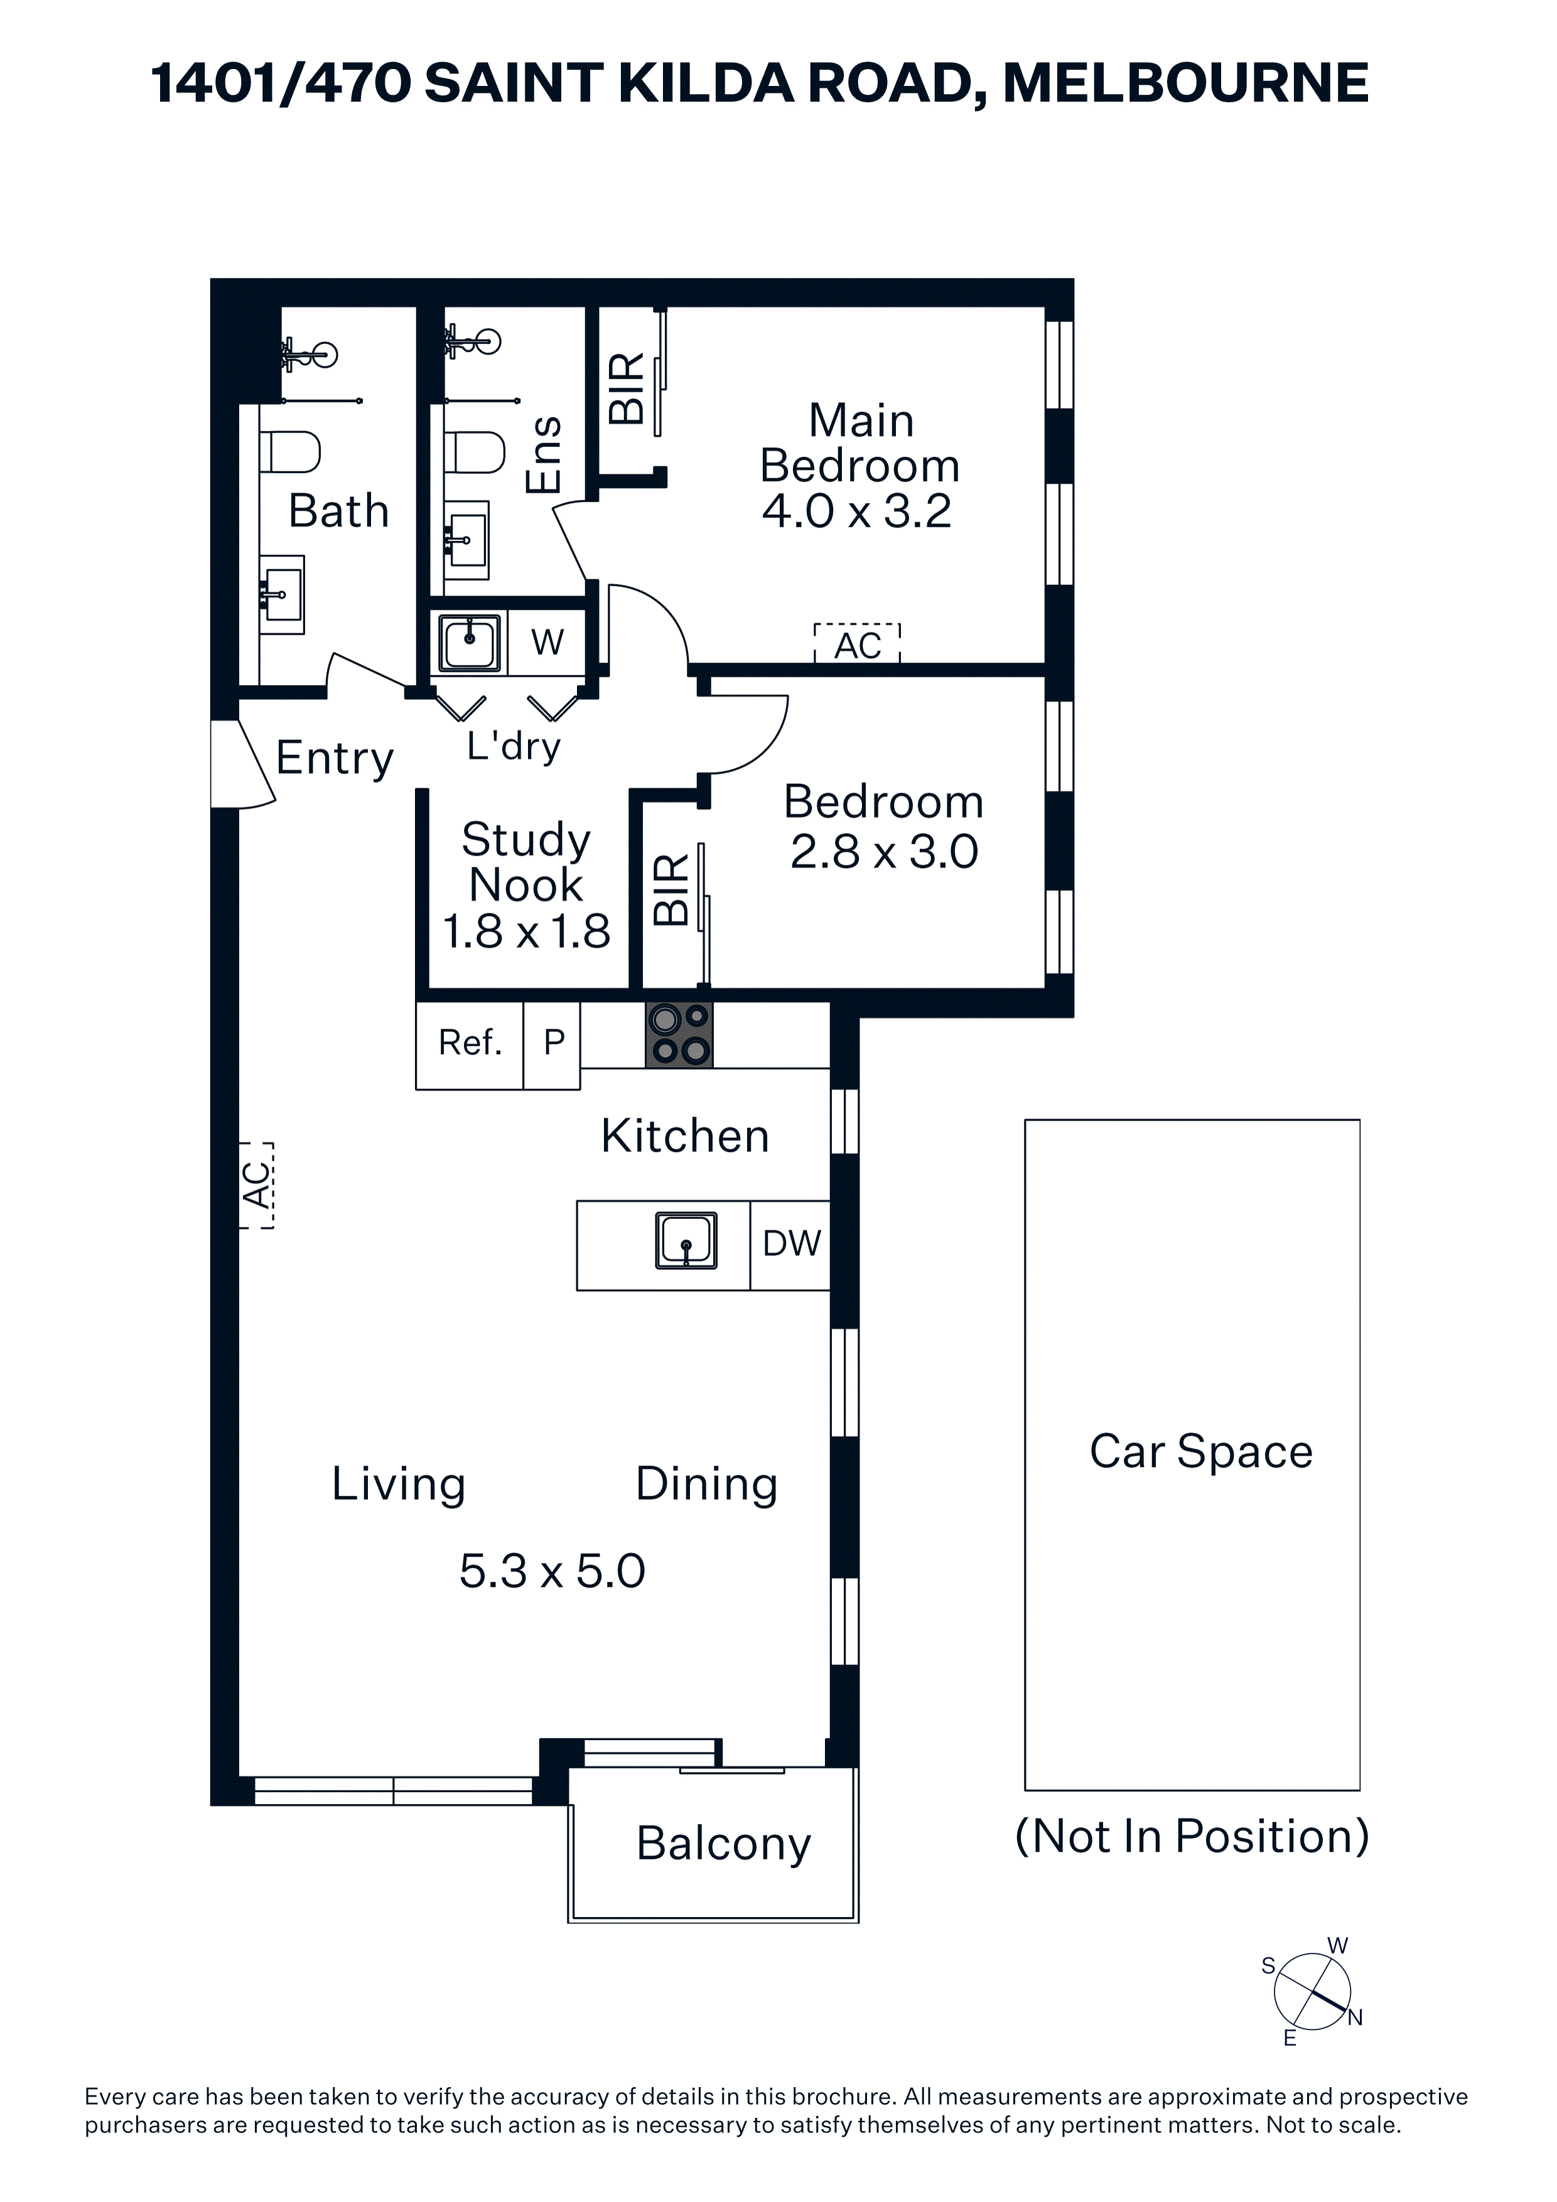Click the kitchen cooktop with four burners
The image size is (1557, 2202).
coord(679,1035)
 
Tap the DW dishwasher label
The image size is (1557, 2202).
coord(792,1244)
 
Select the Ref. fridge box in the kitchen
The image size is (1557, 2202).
coord(470,1045)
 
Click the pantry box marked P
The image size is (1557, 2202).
coord(552,1045)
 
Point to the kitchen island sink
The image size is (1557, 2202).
coord(686,1240)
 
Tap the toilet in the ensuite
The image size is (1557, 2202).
coord(475,452)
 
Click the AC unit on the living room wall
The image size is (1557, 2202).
coord(256,1184)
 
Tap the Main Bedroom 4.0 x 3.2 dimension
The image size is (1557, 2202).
coord(857,511)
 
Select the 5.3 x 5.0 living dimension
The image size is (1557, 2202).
coord(552,1571)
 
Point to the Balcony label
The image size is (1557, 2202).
coord(723,1844)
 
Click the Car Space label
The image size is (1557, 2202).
coord(1201,1452)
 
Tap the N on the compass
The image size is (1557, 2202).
coord(1355,2018)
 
